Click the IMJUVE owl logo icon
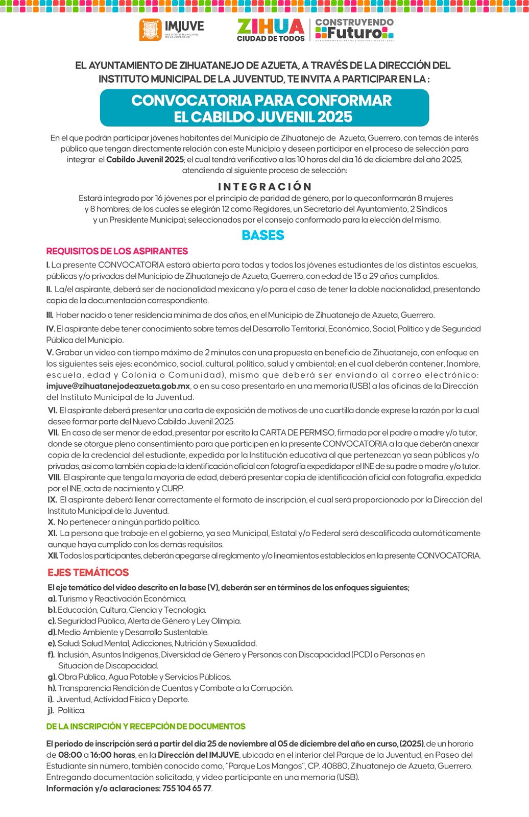(150, 30)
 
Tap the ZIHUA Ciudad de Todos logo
(271, 30)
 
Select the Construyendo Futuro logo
(354, 30)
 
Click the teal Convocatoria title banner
(264, 108)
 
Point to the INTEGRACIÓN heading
(264, 186)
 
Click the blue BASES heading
(263, 235)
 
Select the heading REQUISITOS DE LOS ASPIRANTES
(117, 251)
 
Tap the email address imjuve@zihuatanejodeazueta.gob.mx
(118, 386)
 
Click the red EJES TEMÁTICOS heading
(88, 572)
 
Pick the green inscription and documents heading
(146, 726)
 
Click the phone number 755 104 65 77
(186, 788)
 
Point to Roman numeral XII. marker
(53, 556)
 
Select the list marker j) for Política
(51, 710)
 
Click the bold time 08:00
(70, 755)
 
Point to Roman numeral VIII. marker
(54, 477)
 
